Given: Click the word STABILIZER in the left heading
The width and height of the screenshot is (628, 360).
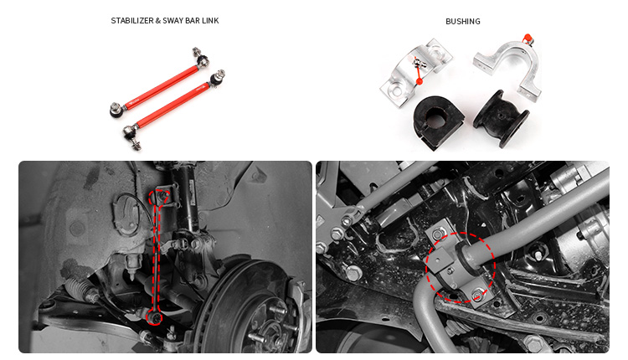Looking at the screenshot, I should [x=131, y=20].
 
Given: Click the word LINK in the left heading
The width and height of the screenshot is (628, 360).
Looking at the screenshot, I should [x=209, y=20].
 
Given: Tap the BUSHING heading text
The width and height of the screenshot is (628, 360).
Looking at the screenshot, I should [x=462, y=21].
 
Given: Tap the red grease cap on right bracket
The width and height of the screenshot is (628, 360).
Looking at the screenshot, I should [x=528, y=38].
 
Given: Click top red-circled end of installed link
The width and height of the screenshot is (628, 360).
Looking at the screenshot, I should [x=158, y=198].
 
